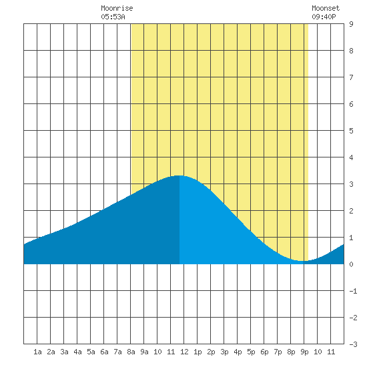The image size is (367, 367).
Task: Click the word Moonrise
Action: (x=117, y=8)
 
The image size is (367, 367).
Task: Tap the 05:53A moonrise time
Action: (x=113, y=17)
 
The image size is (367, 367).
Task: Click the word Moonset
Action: (x=326, y=8)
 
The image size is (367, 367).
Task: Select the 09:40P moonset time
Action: (x=324, y=17)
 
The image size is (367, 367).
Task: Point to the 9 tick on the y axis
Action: (x=351, y=24)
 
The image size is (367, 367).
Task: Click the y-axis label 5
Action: (x=351, y=131)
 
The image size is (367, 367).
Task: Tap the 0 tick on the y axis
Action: (x=351, y=264)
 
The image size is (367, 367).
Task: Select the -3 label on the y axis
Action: (x=353, y=344)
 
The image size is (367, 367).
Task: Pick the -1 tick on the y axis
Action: (x=353, y=291)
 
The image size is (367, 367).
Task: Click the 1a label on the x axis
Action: (x=37, y=352)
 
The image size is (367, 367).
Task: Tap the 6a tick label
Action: (x=104, y=352)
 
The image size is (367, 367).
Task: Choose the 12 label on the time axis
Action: (x=184, y=352)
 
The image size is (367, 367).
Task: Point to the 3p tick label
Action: (x=224, y=352)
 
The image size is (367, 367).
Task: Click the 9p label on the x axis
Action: (x=304, y=352)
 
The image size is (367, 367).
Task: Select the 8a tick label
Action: (x=131, y=352)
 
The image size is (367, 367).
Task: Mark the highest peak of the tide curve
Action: (x=179, y=175)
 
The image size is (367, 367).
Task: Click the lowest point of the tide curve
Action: (x=304, y=261)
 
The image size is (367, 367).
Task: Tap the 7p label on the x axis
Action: (x=278, y=352)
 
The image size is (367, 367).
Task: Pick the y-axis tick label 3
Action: (x=351, y=184)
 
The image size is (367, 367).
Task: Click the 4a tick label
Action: (x=77, y=352)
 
